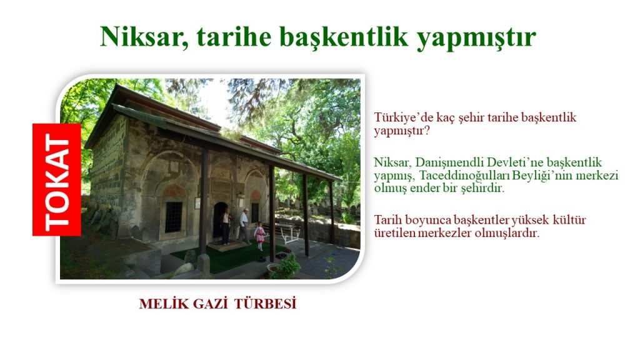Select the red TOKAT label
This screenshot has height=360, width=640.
coord(57,179)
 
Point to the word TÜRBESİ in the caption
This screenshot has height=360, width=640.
coord(265,304)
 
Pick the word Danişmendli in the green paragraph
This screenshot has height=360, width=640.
coord(449,162)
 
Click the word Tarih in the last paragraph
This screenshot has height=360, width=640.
coord(386,220)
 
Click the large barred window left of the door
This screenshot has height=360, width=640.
coord(174,216)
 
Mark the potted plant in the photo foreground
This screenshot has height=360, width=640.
coord(284,267)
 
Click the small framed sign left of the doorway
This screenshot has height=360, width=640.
coord(197,203)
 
